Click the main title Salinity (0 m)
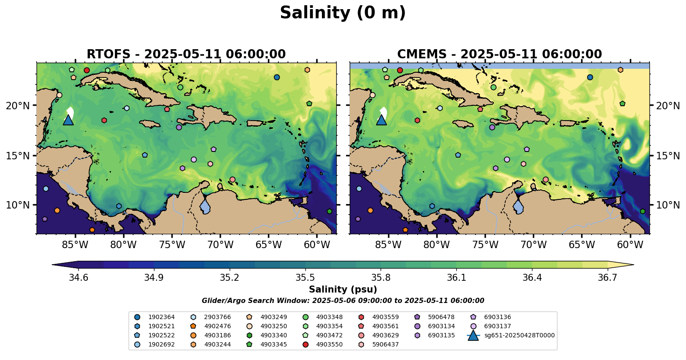(343, 13)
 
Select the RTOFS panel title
(186, 54)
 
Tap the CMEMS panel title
(499, 54)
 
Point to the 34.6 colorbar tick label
(79, 278)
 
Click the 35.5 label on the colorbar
(305, 278)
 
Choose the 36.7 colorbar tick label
(607, 278)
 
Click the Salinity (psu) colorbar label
(343, 289)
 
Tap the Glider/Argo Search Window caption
(343, 301)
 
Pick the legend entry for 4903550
(329, 344)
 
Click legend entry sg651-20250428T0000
(519, 336)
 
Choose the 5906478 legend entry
(441, 317)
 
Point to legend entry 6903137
(497, 326)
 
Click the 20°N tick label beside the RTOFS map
(18, 106)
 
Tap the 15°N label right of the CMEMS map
(668, 156)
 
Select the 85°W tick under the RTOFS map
(75, 245)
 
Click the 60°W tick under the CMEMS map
(630, 245)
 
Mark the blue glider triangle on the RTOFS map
(68, 120)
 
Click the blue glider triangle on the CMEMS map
(381, 120)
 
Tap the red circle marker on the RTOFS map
(87, 70)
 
